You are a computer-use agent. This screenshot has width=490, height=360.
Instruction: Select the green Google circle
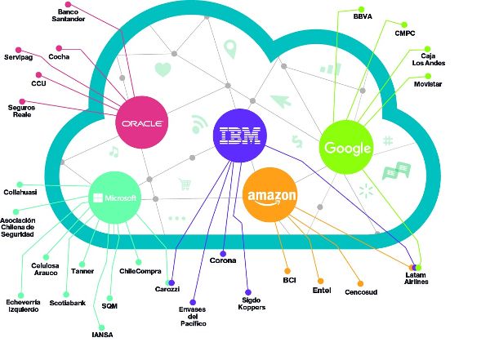[347, 147]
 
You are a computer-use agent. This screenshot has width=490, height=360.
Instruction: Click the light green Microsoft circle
[114, 198]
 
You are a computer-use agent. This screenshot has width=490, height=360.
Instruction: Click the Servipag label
[19, 57]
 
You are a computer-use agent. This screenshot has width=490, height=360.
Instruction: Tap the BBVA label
[363, 16]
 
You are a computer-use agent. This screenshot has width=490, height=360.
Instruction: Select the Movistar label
[432, 84]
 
